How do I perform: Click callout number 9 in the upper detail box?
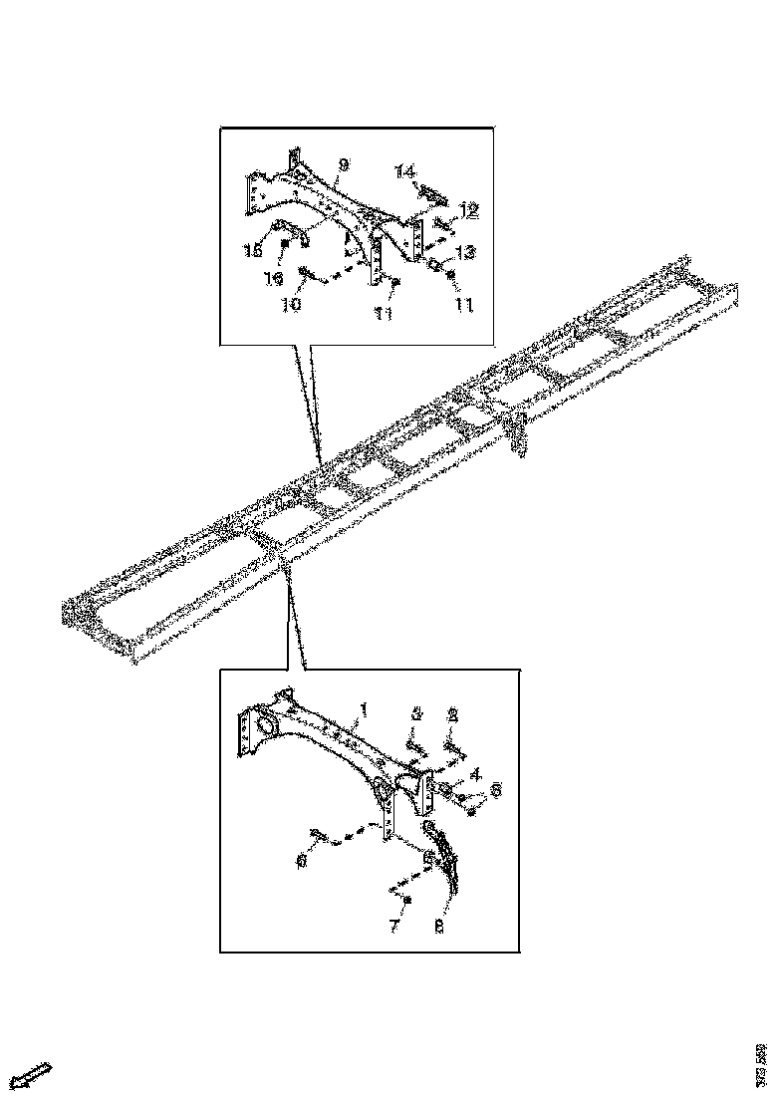coord(343,163)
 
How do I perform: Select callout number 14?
coord(403,172)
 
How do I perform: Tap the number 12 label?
coord(468,210)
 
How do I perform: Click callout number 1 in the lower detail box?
coord(365,709)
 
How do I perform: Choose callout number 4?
coord(476,772)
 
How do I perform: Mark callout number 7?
coord(394,927)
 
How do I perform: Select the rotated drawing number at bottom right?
coord(761,1063)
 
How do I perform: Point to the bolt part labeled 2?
coord(453,741)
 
